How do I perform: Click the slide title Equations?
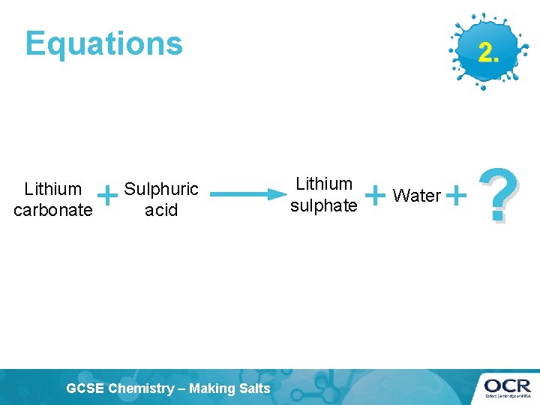click(x=103, y=43)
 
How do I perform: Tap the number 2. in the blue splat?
click(x=487, y=52)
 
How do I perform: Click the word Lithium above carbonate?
click(x=52, y=189)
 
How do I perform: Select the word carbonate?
click(x=52, y=210)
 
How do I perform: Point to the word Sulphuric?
click(x=161, y=189)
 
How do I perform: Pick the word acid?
click(x=161, y=210)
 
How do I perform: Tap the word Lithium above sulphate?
click(x=324, y=184)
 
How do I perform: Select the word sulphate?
click(x=324, y=205)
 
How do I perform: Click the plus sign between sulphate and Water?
click(x=374, y=196)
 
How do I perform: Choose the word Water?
click(x=417, y=196)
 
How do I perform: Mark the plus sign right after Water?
click(x=456, y=196)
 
